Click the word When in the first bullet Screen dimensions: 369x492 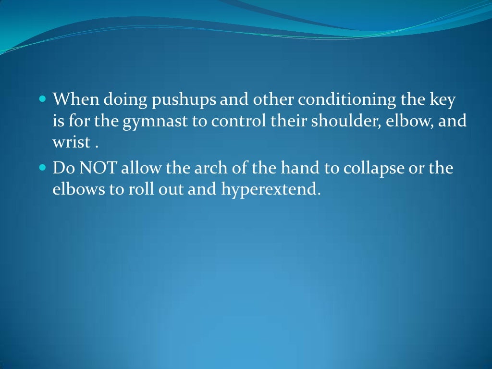(x=73, y=100)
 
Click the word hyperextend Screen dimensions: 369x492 (x=270, y=189)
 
